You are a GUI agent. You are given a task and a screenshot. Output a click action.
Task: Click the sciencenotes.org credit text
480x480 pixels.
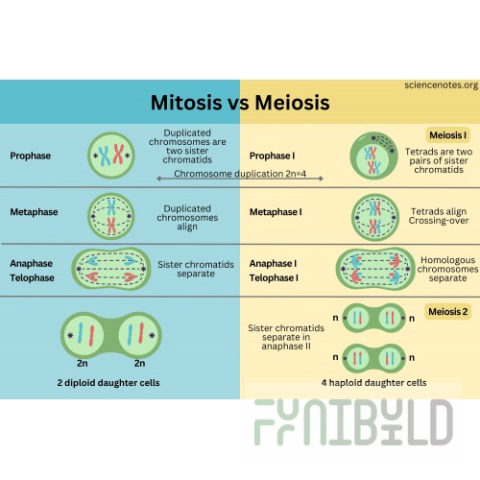pos(442,85)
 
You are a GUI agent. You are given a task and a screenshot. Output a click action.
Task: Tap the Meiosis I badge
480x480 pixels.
pos(447,135)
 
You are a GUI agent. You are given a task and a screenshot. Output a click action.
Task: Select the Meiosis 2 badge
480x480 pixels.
pos(447,311)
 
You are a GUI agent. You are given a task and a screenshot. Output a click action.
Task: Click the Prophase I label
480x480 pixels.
pos(272,156)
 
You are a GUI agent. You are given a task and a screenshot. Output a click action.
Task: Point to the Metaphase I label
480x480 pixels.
pos(276,212)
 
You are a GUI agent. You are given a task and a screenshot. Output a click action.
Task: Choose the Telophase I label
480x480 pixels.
pos(274,277)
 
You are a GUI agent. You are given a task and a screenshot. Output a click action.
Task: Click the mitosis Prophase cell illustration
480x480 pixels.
pos(111,156)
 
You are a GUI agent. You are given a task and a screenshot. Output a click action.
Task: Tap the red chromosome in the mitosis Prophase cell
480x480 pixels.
pos(118,155)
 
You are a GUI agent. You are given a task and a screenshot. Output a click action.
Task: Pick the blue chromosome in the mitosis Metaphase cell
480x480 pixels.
pos(111,207)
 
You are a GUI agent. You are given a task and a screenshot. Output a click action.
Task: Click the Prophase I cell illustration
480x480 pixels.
pos(373,156)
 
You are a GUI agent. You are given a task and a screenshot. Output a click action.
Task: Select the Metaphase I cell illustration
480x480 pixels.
pos(375,217)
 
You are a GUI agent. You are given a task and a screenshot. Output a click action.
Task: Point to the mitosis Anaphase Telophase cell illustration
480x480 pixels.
pos(111,269)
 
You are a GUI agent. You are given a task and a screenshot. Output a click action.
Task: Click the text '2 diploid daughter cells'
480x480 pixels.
pos(108,383)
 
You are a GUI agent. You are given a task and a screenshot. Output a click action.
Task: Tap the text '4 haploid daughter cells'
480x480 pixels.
pos(373,383)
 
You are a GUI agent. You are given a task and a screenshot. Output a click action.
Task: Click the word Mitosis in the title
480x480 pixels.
pos(186,103)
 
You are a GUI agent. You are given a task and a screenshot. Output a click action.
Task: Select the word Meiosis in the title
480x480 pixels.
pos(292,103)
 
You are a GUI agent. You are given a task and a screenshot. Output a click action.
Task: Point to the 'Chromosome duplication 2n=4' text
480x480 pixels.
pos(240,174)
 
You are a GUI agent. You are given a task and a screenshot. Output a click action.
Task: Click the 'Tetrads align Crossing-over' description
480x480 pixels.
pos(439,216)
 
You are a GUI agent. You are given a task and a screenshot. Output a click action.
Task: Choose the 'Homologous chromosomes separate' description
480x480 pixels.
pos(447,269)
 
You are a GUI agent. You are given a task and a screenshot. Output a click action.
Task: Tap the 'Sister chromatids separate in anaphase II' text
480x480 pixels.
pos(286,337)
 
